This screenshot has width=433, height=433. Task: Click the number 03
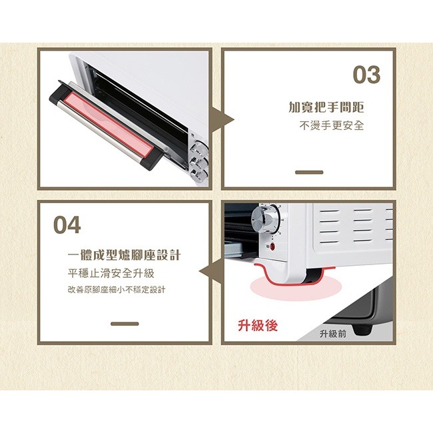[366, 75]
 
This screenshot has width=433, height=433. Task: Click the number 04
[67, 225]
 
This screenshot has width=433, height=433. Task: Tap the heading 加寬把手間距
[326, 107]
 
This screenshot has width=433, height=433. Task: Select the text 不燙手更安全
[331, 126]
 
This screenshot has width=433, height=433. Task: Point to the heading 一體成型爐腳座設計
[125, 256]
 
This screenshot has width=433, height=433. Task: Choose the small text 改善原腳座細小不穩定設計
[117, 290]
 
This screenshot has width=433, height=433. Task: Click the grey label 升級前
[332, 334]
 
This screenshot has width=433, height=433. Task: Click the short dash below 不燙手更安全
[308, 172]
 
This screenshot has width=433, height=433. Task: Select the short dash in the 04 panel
[125, 324]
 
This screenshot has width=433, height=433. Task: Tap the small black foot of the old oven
[363, 328]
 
